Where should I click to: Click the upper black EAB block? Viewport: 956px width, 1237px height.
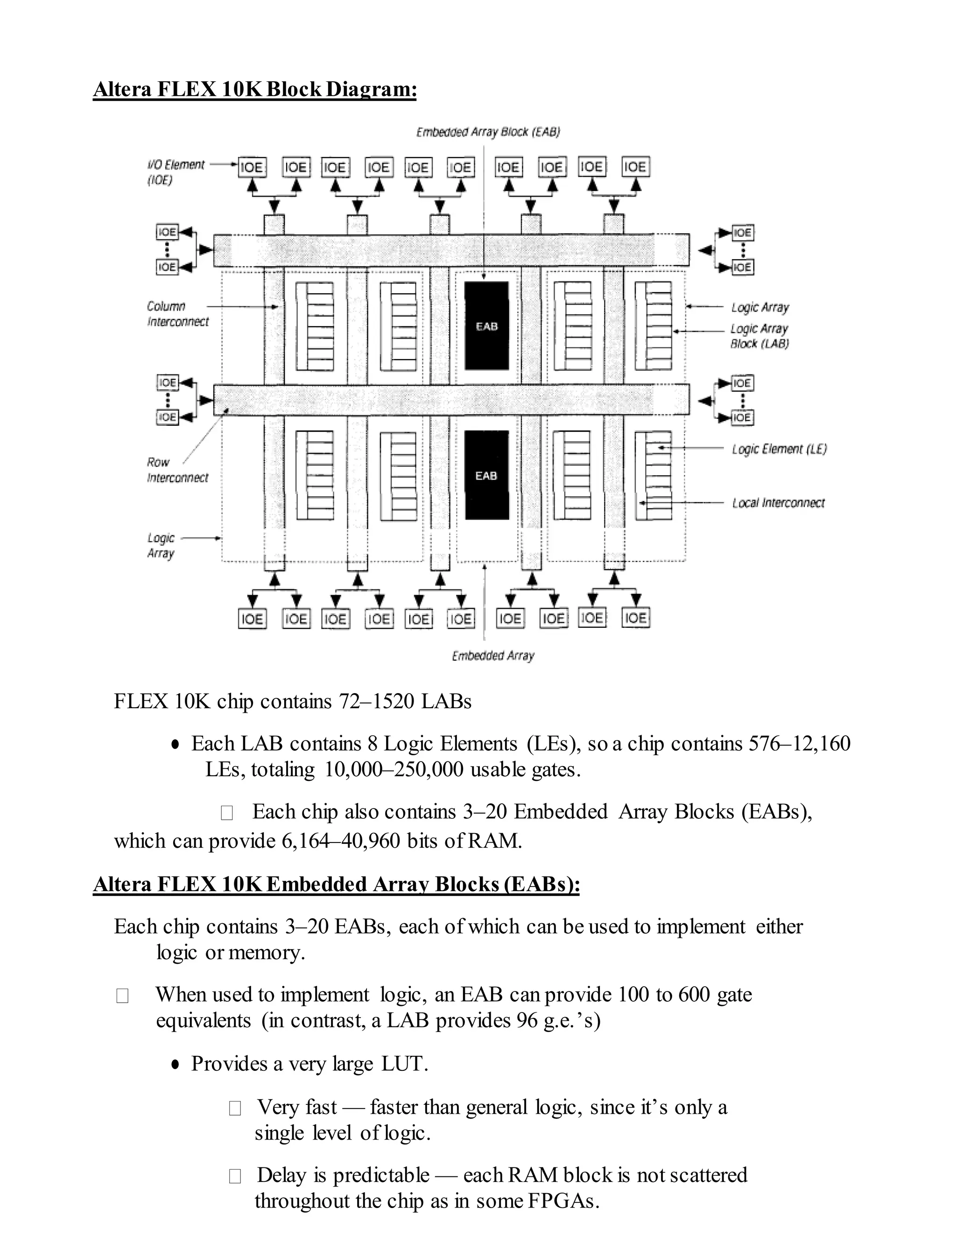[486, 326]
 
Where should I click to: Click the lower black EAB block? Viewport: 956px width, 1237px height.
[486, 475]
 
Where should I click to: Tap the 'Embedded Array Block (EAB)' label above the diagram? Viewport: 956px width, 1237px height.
[488, 132]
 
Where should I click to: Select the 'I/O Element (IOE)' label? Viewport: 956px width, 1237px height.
[175, 172]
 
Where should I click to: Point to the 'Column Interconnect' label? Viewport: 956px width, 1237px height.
[177, 314]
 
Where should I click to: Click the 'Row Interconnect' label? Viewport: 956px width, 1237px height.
[177, 470]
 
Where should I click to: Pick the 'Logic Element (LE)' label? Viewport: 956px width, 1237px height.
[779, 449]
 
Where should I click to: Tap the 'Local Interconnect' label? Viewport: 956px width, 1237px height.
[778, 503]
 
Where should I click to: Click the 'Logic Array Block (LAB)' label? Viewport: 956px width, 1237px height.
[759, 336]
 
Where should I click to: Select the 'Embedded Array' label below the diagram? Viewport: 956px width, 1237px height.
[493, 655]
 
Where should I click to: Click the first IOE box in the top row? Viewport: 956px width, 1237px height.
[252, 167]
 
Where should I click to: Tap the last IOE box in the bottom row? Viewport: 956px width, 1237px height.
[635, 618]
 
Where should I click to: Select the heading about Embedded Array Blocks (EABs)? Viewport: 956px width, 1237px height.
[337, 884]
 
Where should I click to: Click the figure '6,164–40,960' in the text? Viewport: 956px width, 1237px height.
[340, 841]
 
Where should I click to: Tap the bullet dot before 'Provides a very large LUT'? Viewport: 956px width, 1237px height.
[176, 1064]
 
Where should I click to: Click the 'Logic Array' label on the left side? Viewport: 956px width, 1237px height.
[161, 545]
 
